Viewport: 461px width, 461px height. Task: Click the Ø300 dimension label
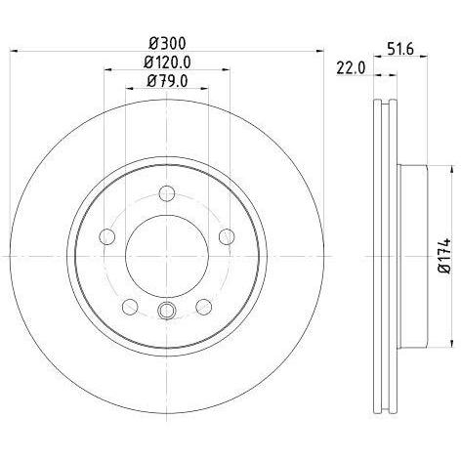pos(167,43)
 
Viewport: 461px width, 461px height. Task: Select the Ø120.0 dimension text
pos(167,62)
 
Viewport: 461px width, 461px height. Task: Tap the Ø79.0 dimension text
pos(167,81)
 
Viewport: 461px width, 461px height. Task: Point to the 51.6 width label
pos(400,50)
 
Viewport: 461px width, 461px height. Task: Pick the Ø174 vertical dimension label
pos(445,256)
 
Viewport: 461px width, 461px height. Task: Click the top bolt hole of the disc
pos(167,193)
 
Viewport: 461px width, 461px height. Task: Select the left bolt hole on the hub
pos(107,236)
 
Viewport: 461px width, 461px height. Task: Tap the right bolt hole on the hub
pos(227,236)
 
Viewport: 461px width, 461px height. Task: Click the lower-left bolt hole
pos(130,307)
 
